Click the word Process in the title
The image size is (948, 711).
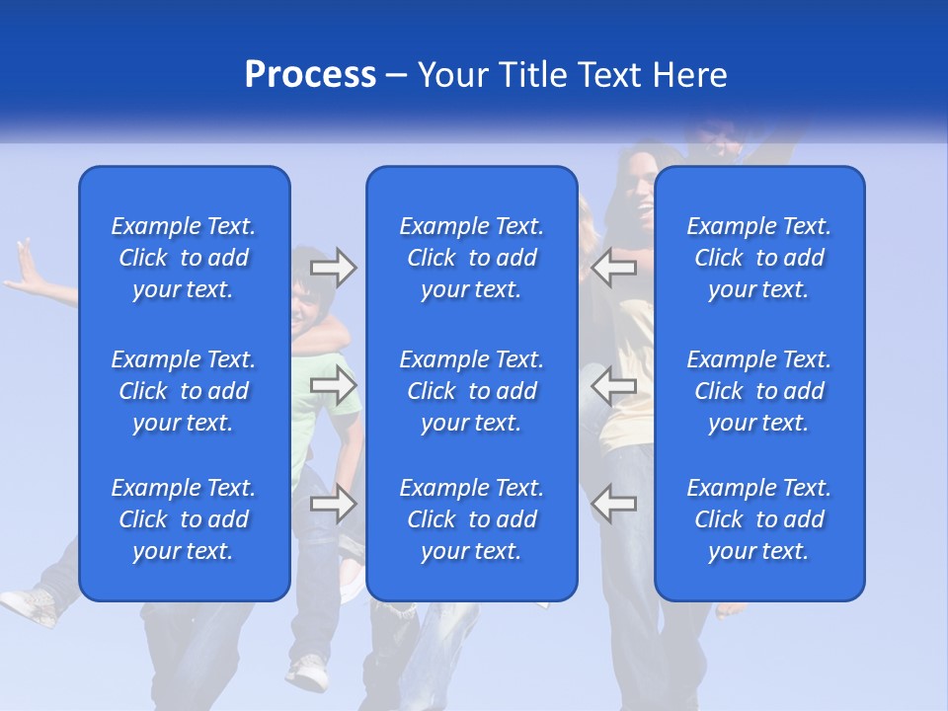tap(310, 75)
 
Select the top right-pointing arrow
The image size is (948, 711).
tap(333, 268)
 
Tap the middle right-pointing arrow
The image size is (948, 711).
tap(333, 385)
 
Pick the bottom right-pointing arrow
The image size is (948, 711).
tap(333, 504)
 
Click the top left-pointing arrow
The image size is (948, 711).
tap(614, 268)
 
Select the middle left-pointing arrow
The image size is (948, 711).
tap(614, 385)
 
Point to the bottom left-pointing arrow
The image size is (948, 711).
tap(614, 504)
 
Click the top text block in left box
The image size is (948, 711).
tap(184, 258)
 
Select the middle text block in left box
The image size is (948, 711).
tap(184, 391)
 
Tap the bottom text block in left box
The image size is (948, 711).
tap(184, 519)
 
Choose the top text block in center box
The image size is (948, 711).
tap(472, 258)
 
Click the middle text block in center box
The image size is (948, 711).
tap(472, 391)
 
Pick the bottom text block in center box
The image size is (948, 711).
tap(472, 519)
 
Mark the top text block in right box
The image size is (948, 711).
tap(759, 258)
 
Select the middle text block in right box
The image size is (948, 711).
tap(759, 391)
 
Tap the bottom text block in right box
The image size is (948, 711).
tap(759, 519)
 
